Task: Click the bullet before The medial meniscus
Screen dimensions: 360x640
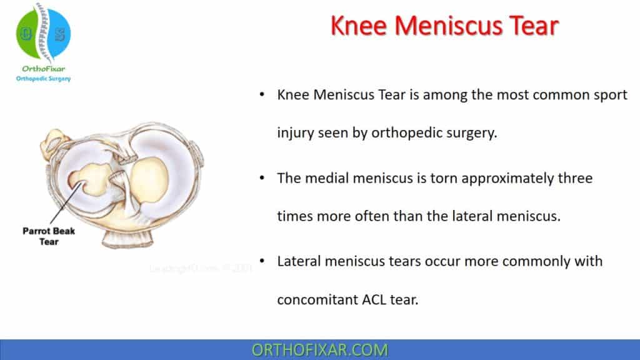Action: (261, 178)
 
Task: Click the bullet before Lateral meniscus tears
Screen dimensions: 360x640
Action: (261, 261)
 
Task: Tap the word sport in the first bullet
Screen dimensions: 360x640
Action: (604, 95)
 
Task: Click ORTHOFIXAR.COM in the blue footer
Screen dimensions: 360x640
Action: (319, 350)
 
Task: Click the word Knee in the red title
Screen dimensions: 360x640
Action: (361, 27)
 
